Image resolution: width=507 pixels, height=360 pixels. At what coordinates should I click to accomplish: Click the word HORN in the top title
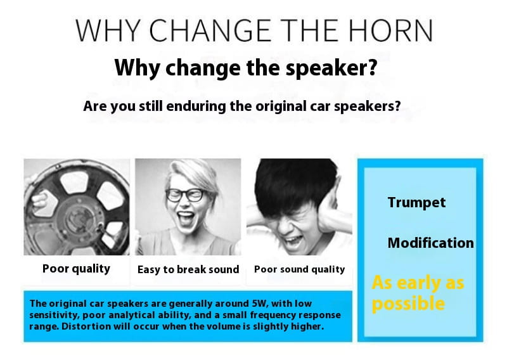[390, 30]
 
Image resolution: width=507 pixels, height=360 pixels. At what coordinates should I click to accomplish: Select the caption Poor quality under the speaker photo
[76, 269]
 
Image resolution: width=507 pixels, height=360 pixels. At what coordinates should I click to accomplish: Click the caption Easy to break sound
[188, 269]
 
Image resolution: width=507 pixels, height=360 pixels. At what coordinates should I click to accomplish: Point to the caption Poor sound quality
[299, 269]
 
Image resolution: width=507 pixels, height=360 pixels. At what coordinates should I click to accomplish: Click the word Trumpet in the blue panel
[416, 202]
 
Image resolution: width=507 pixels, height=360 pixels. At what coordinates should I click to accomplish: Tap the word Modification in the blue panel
[431, 243]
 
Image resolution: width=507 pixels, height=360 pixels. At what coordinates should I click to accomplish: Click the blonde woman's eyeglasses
[185, 195]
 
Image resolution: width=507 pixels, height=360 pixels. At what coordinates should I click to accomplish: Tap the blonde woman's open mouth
[186, 219]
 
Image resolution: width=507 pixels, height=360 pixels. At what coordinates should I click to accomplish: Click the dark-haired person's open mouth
[293, 241]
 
